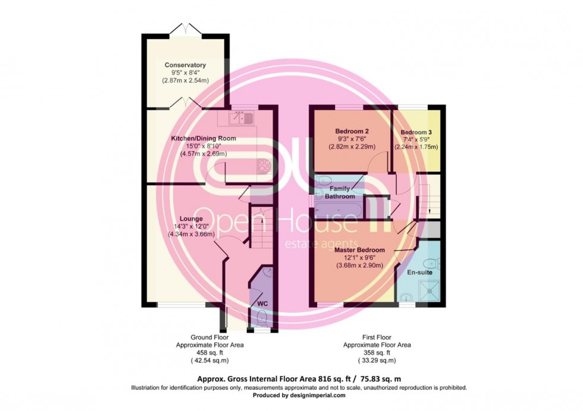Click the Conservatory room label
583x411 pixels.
[x=185, y=65]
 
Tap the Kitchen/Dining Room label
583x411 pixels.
[x=203, y=138]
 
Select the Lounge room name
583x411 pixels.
[x=191, y=219]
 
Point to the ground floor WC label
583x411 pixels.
[x=262, y=303]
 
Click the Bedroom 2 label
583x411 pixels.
[x=352, y=131]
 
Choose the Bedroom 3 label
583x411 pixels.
[x=416, y=132]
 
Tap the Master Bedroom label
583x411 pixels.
[x=359, y=250]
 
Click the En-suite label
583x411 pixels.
[x=420, y=272]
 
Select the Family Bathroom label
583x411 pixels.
[x=340, y=192]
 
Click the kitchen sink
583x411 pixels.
[x=242, y=118]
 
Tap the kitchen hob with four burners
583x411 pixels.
[x=265, y=166]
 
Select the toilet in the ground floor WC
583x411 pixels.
[x=262, y=318]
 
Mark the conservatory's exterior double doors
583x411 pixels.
[x=186, y=29]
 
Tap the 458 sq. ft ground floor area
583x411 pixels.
[x=209, y=353]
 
